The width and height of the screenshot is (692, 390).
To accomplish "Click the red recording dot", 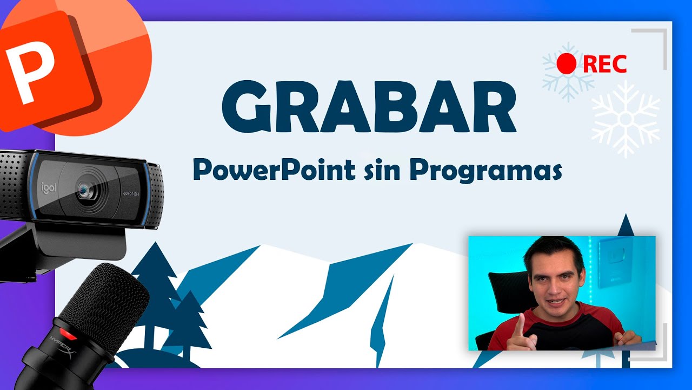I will click(567, 64).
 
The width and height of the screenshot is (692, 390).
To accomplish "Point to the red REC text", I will click(605, 64).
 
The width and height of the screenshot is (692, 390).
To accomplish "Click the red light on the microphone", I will click(64, 331).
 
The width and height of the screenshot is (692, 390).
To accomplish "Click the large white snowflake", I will click(626, 119).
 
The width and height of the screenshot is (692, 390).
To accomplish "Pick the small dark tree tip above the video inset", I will click(626, 225).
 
